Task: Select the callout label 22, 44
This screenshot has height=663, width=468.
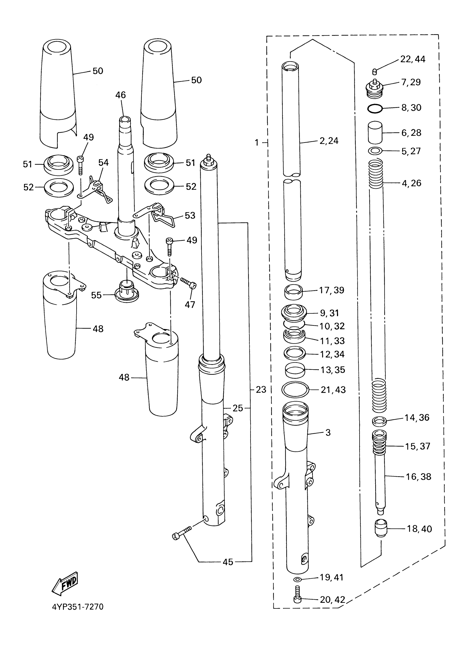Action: click(x=413, y=59)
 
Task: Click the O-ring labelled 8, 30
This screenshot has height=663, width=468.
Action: click(x=375, y=109)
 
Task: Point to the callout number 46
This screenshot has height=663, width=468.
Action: click(x=121, y=95)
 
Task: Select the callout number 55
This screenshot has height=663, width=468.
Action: click(x=96, y=295)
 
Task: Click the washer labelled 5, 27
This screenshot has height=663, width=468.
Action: click(x=375, y=151)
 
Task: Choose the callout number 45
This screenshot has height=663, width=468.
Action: click(x=228, y=562)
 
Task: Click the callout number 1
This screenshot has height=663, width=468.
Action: click(x=257, y=142)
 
